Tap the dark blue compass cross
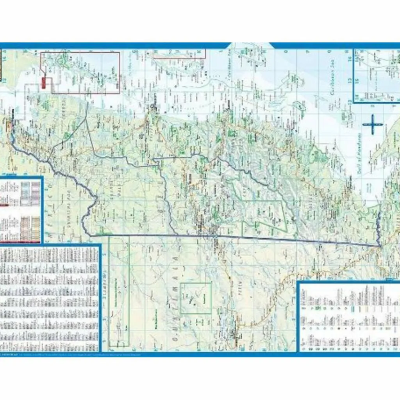point(373,125)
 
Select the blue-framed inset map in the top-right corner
point(377,75)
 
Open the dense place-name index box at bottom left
point(50,299)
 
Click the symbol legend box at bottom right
point(349,316)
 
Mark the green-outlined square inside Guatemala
point(196,298)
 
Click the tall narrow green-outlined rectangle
point(119,291)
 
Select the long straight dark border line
point(234,238)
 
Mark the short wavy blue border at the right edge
point(378,227)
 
